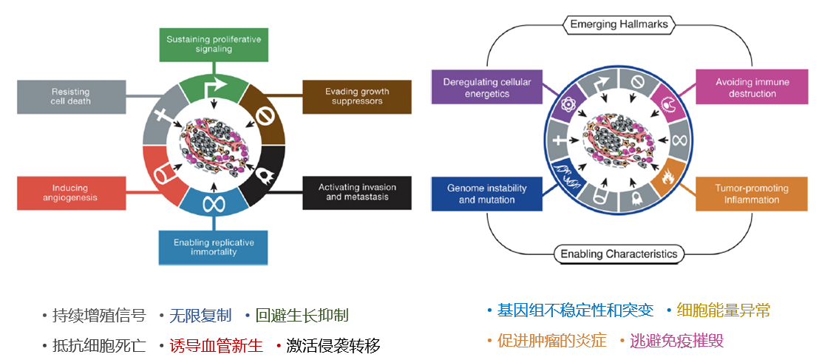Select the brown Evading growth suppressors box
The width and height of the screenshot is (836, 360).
357,96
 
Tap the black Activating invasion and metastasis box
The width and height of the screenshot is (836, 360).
357,192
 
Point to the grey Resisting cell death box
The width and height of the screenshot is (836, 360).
71,96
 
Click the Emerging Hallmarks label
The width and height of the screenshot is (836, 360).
619,24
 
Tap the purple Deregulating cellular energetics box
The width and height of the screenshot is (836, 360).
486,87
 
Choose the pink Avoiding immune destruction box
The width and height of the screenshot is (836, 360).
751,87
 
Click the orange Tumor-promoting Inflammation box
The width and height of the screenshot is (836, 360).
751,194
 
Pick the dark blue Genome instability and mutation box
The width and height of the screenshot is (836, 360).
486,194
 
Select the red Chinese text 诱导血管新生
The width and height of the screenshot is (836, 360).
216,345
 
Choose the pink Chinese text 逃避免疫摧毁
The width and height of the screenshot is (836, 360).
676,340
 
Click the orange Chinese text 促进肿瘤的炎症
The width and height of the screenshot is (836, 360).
551,340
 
